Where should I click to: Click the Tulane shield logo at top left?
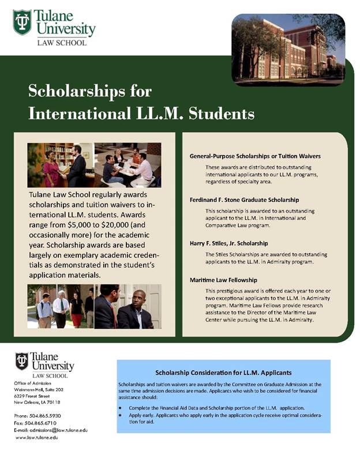22,22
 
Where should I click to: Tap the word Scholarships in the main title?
89,91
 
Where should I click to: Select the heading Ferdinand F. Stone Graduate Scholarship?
244,200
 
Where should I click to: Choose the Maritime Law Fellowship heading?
223,280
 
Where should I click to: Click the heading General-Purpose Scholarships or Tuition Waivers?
255,156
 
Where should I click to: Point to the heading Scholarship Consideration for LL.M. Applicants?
223,373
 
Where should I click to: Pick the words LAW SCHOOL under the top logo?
62,43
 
